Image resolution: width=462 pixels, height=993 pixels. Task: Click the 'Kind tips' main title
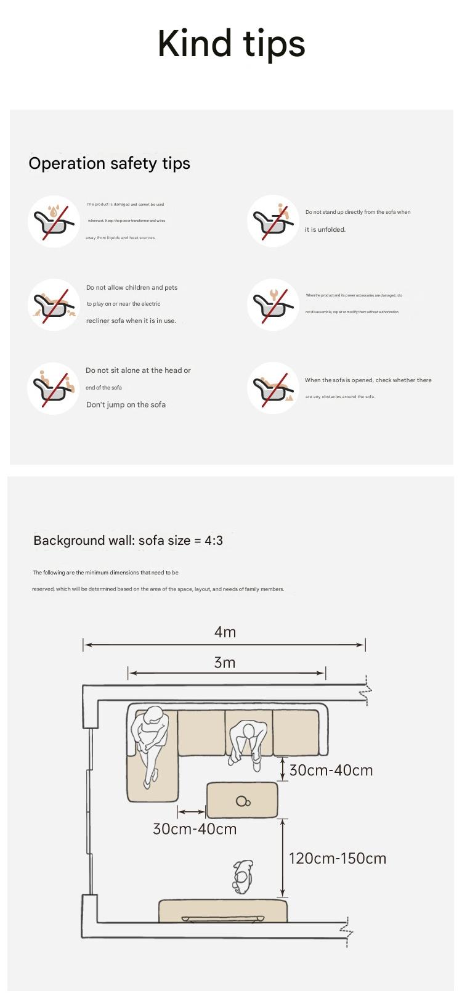tap(231, 44)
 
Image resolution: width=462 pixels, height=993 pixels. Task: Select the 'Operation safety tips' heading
tap(109, 163)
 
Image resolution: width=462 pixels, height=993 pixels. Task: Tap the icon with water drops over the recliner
tap(54, 221)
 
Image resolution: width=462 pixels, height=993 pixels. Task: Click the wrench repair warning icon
tap(274, 304)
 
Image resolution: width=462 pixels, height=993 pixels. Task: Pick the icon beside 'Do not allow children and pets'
tap(54, 304)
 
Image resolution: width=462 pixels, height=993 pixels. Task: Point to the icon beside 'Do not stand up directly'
tap(274, 221)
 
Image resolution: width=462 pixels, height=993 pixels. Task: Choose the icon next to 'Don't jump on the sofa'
tap(54, 388)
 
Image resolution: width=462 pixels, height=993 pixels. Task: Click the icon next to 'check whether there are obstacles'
tap(274, 388)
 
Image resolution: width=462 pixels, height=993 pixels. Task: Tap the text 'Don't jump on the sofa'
tap(126, 405)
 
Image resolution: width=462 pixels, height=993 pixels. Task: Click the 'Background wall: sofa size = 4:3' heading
tap(128, 541)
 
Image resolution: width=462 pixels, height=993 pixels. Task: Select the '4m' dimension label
tap(225, 632)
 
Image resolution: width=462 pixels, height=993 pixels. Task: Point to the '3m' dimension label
tap(225, 663)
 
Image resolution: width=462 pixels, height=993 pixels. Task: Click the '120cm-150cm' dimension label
tap(338, 858)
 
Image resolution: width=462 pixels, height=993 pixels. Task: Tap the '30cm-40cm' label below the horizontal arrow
tap(195, 829)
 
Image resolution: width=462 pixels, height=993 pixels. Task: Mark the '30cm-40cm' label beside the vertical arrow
tap(331, 770)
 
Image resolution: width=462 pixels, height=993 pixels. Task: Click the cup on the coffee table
tap(243, 801)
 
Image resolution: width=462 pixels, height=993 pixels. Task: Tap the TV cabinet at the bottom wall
tap(223, 910)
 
